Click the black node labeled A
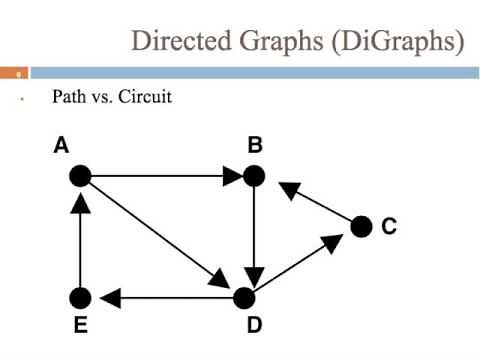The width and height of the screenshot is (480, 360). [80, 176]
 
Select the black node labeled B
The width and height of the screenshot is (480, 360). [255, 176]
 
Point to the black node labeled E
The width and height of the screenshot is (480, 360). [80, 297]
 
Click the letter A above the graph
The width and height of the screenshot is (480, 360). [61, 146]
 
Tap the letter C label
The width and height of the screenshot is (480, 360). [389, 227]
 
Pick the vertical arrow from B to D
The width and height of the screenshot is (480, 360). [255, 236]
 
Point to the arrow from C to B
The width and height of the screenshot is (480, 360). [315, 203]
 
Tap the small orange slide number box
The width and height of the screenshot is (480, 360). [15, 72]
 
